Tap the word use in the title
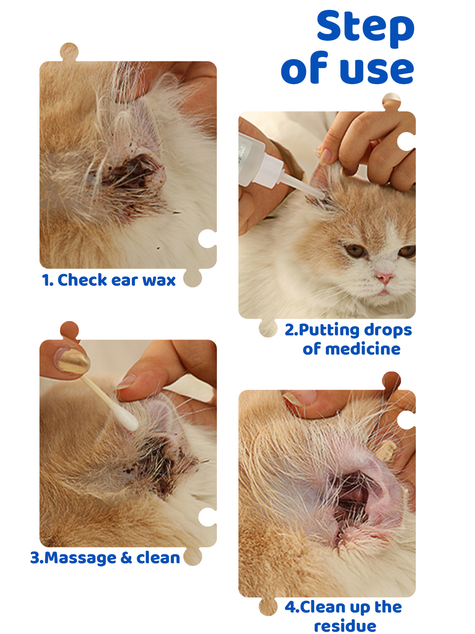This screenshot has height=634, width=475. tap(377, 71)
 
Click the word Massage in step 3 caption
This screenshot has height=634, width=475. tap(80, 558)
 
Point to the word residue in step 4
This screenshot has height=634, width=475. tap(345, 625)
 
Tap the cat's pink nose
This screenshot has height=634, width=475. tap(385, 278)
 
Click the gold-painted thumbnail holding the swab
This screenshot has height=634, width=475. tap(73, 360)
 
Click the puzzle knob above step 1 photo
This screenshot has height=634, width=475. tap(69, 52)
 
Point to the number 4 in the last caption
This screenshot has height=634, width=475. tap(290, 607)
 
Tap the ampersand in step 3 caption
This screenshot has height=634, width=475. tap(126, 557)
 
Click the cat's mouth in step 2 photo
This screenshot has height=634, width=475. tap(383, 292)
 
